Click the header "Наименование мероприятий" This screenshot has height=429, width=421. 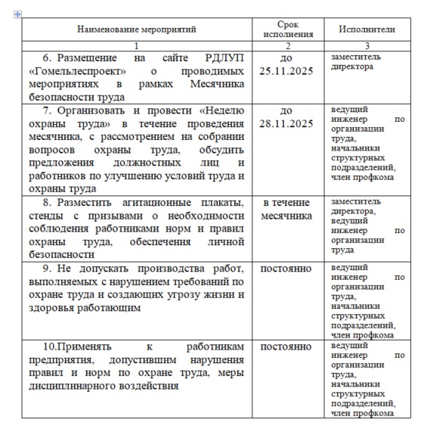(136, 30)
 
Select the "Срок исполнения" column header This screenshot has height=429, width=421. (286, 30)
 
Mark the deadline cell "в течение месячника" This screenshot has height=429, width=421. (286, 210)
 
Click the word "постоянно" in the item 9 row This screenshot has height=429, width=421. (286, 269)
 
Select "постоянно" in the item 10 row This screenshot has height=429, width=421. (286, 347)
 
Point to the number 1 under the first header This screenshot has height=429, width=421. (136, 45)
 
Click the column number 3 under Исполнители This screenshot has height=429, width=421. (367, 45)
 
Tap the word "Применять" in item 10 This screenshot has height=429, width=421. (72, 347)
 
